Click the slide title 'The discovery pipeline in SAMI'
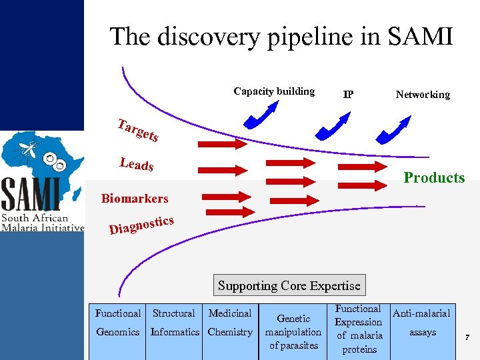281,36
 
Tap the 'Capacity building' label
274,91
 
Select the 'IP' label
348,95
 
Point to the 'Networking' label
423,95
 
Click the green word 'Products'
434,177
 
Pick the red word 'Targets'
137,130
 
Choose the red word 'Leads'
137,163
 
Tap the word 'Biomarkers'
135,198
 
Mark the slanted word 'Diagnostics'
141,225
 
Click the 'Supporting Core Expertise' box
289,285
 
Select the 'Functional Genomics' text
118,322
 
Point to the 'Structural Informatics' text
174,322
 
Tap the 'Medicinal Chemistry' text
230,322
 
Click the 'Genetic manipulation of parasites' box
293,331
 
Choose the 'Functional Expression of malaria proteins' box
359,329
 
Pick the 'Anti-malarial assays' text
422,322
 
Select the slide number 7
467,339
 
